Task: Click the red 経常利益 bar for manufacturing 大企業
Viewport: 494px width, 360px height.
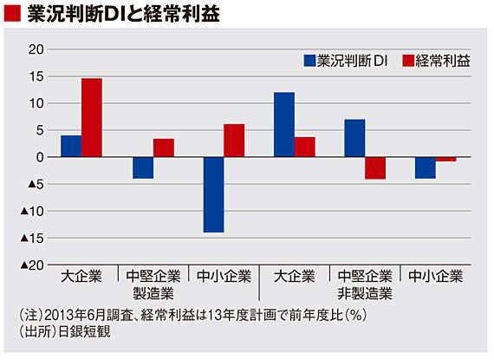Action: click(x=92, y=117)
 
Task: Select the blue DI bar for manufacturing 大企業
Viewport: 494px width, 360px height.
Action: click(x=71, y=146)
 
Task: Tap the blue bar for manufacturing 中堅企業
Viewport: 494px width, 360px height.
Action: click(x=143, y=167)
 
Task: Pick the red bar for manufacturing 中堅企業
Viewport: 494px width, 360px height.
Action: click(x=164, y=147)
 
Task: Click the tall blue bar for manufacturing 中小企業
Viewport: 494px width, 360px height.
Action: click(x=213, y=194)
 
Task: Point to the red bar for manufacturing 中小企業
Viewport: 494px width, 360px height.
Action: click(x=234, y=141)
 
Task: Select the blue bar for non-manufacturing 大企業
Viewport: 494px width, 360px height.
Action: click(x=284, y=125)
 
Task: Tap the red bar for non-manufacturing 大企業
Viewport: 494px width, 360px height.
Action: click(x=305, y=147)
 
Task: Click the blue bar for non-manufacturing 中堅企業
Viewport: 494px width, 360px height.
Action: click(x=354, y=138)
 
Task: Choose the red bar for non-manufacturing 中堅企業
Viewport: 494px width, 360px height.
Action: click(x=375, y=168)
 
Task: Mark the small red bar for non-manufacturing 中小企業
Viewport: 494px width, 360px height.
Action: click(x=445, y=160)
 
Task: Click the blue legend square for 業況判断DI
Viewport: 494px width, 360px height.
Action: click(x=309, y=61)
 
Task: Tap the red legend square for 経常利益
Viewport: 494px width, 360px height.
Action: click(x=408, y=61)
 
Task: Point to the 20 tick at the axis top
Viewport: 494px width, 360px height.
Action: click(x=36, y=49)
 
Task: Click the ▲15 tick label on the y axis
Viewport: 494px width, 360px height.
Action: click(x=32, y=238)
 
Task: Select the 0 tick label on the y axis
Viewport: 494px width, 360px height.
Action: click(x=40, y=157)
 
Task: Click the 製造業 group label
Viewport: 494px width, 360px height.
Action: click(x=153, y=293)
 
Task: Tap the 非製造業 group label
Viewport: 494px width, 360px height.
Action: click(x=365, y=293)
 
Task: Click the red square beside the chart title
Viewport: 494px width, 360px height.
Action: click(x=12, y=14)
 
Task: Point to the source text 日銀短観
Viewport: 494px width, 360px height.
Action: click(x=85, y=332)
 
